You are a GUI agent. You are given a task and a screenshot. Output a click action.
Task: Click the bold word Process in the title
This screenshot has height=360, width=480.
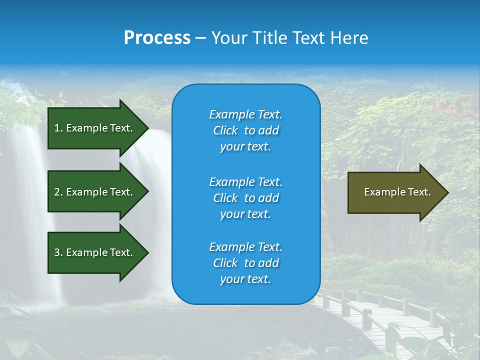point(157,38)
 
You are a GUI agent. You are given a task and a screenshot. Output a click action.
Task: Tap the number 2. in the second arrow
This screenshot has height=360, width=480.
point(58,192)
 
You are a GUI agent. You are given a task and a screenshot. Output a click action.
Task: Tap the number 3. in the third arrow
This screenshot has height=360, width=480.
point(58,252)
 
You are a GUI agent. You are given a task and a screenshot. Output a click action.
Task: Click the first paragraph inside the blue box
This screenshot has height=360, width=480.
point(245,130)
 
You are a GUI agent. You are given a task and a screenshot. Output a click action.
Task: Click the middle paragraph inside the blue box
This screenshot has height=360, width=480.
point(245,198)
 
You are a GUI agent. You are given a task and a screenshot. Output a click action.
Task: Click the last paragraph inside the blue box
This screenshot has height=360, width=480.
point(245,263)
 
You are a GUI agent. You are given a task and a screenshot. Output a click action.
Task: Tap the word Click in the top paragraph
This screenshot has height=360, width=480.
point(225,130)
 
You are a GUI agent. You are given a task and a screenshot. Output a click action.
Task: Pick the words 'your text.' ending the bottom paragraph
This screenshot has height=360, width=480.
point(245,279)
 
